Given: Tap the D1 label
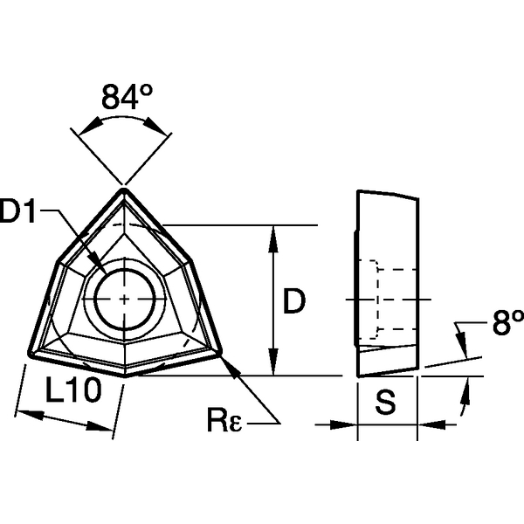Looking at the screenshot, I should tap(23, 212).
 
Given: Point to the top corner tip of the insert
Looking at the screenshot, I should tap(124, 188).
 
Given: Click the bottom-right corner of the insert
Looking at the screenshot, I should tap(219, 354).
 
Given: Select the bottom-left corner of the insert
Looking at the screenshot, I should tap(30, 354).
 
